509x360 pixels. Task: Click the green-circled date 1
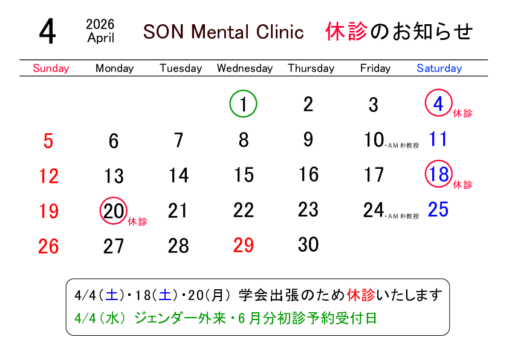(244, 105)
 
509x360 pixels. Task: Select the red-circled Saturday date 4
(438, 103)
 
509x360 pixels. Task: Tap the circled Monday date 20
(114, 211)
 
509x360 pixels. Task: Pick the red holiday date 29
(244, 245)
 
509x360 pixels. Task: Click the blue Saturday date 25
(438, 210)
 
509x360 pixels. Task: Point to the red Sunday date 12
(49, 176)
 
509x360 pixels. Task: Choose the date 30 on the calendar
(308, 244)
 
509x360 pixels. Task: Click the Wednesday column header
(244, 68)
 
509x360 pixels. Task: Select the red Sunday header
(51, 68)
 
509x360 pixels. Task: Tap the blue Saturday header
(439, 68)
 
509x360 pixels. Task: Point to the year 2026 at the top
(100, 25)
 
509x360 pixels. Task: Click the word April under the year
(100, 38)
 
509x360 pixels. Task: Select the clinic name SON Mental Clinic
(223, 32)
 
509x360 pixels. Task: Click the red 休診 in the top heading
(346, 31)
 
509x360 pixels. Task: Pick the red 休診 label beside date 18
(462, 184)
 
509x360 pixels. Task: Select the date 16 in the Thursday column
(308, 175)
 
